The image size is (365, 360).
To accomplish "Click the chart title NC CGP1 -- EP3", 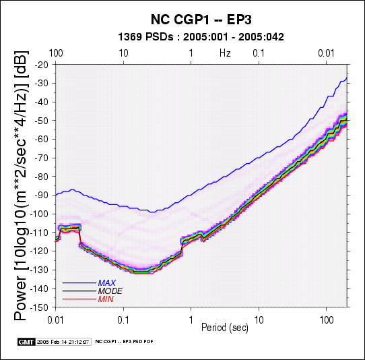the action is click(x=201, y=20).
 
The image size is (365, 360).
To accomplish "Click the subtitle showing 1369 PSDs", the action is click(x=201, y=37).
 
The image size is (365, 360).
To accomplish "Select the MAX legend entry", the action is click(x=107, y=283).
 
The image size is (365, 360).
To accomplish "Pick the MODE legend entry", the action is click(x=110, y=291).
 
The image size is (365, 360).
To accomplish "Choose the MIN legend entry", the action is click(x=106, y=299).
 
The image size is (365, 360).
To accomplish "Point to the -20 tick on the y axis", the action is click(x=42, y=65).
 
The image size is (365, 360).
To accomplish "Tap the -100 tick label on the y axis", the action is click(x=39, y=214).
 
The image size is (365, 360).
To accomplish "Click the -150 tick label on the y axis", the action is click(x=39, y=307).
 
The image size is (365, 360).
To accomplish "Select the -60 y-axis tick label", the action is click(x=42, y=139).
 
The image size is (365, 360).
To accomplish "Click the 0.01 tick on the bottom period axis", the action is click(x=55, y=320).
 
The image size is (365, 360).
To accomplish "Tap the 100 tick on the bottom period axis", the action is click(x=327, y=320).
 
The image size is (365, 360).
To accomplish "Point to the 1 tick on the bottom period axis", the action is click(x=191, y=320).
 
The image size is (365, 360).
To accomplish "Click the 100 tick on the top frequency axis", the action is click(x=56, y=53).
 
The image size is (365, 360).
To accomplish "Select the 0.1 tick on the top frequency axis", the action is click(x=259, y=53).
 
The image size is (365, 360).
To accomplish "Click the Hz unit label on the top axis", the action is click(x=225, y=53).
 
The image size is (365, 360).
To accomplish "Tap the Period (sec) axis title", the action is click(x=225, y=328).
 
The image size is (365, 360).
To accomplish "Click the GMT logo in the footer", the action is click(x=26, y=342).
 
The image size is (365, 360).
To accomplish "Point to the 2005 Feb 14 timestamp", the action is click(x=63, y=342).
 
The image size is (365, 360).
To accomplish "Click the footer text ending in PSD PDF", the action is click(x=125, y=342).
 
